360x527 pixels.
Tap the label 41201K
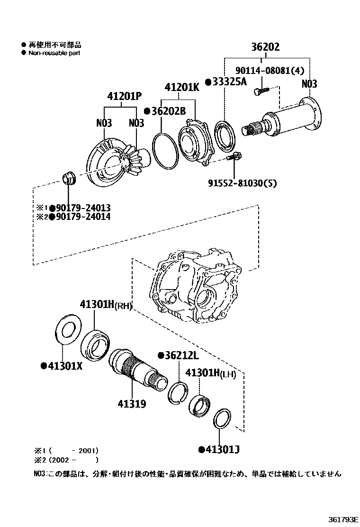(182, 88)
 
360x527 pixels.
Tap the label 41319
(132, 404)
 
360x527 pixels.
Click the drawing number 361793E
(342, 518)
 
